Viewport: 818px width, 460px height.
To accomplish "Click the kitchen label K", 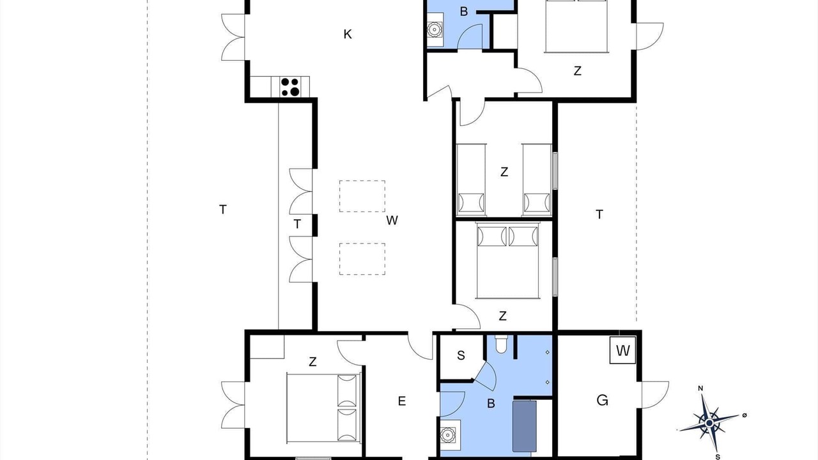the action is coord(348,34).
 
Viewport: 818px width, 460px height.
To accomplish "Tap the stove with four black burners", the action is coord(290,87).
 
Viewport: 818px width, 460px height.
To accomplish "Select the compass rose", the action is coord(709,423).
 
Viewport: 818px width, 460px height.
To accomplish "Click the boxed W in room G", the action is coord(623,351).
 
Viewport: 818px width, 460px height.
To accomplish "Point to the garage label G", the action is coord(602,401).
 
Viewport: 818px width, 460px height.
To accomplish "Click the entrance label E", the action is coord(402,401).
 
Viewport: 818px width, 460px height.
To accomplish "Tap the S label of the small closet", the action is coord(461,355).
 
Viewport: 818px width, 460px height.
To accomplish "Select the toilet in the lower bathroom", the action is coord(501,344).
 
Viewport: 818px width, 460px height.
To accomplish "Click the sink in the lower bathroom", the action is coord(447,435).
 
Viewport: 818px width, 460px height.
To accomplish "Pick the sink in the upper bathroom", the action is coord(435,29).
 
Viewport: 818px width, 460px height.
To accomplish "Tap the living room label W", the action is coord(392,220).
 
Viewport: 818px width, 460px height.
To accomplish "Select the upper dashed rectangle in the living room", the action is coord(362,196).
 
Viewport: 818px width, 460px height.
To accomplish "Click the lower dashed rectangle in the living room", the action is coord(362,259).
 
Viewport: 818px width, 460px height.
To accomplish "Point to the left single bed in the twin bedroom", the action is coord(471,179).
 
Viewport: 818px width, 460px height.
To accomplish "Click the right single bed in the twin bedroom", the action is coord(537,179).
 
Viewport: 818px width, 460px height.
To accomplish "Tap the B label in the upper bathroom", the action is coord(464,11).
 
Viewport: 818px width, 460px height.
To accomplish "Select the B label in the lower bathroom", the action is coord(491,403).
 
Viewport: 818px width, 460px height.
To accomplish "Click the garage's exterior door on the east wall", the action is coord(655,395).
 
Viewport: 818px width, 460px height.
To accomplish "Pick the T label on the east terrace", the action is coord(599,214).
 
